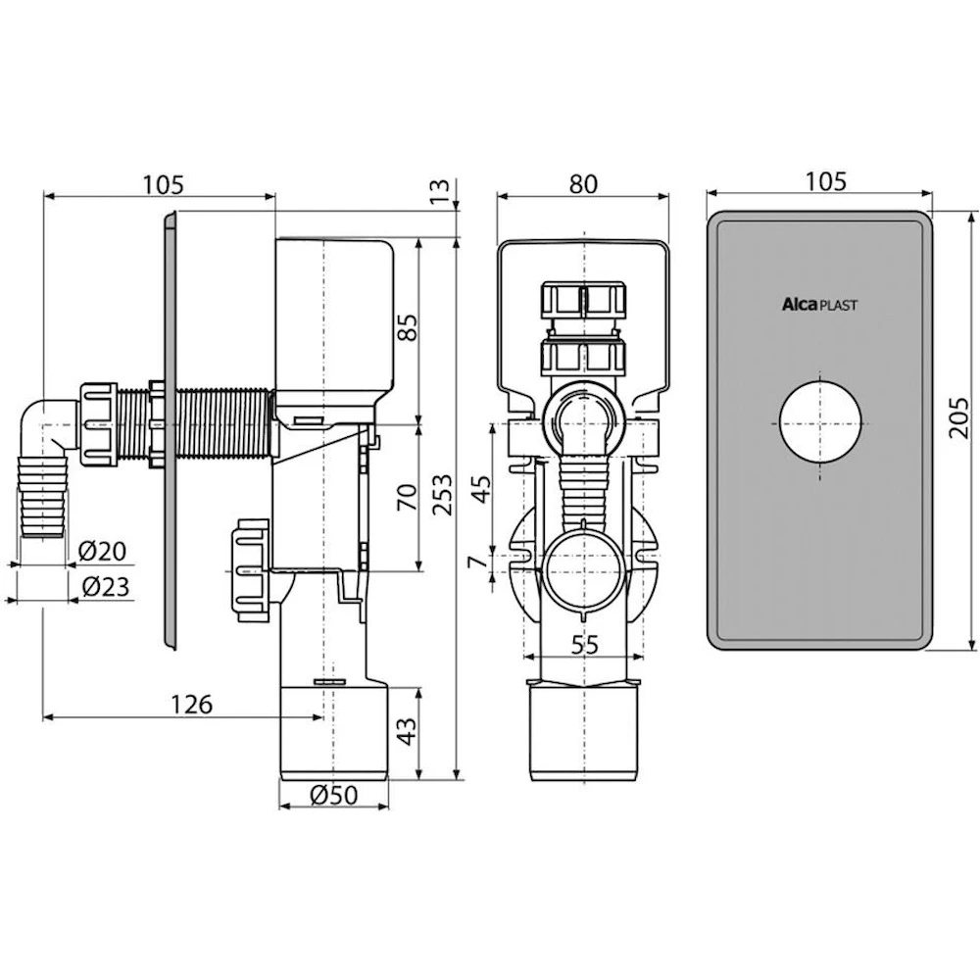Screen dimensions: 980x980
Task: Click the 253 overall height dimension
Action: (x=443, y=494)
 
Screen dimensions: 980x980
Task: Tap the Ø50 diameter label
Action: (x=334, y=795)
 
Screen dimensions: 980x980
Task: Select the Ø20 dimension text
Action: (x=103, y=551)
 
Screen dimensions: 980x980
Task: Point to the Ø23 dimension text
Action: (x=106, y=586)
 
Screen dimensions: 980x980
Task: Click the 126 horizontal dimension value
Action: (x=192, y=705)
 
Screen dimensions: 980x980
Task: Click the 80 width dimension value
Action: (x=583, y=184)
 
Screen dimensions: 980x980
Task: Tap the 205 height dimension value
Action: (x=958, y=417)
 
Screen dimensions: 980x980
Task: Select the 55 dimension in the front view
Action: (x=585, y=645)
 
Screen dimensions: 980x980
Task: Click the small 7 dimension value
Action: (x=478, y=562)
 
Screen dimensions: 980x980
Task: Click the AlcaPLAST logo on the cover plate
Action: (x=820, y=305)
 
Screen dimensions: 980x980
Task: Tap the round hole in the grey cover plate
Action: (x=820, y=421)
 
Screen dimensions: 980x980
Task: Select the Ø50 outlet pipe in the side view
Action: (x=334, y=732)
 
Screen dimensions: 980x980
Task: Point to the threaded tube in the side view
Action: (x=195, y=422)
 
